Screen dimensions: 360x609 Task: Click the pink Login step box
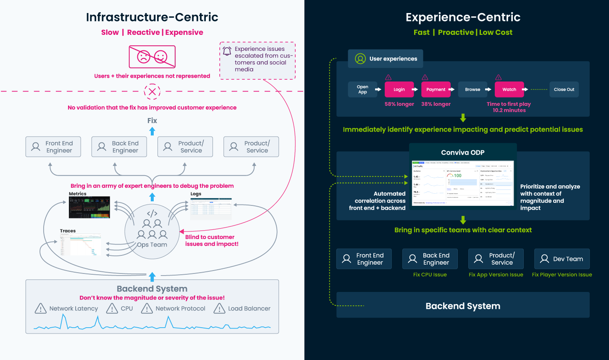[399, 89]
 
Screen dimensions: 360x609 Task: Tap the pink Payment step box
[436, 89]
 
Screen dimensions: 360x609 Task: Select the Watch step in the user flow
[509, 89]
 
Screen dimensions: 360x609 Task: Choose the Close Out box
[564, 89]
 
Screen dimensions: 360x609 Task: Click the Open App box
[362, 89]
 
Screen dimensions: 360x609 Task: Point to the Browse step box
[472, 89]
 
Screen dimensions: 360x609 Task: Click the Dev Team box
[562, 259]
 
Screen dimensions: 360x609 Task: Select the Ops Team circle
[152, 232]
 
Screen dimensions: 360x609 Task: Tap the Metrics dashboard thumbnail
[89, 207]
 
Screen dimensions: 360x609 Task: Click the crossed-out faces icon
[152, 57]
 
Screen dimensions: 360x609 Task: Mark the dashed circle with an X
[152, 91]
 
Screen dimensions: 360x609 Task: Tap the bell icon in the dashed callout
[227, 51]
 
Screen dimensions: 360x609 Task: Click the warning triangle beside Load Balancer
[219, 309]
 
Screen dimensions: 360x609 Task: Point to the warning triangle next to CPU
[112, 309]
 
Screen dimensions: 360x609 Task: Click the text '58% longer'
[399, 104]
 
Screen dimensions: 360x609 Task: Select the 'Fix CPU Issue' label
[430, 275]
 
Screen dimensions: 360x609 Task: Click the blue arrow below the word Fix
[152, 131]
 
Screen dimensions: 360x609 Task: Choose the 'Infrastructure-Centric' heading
[152, 17]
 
